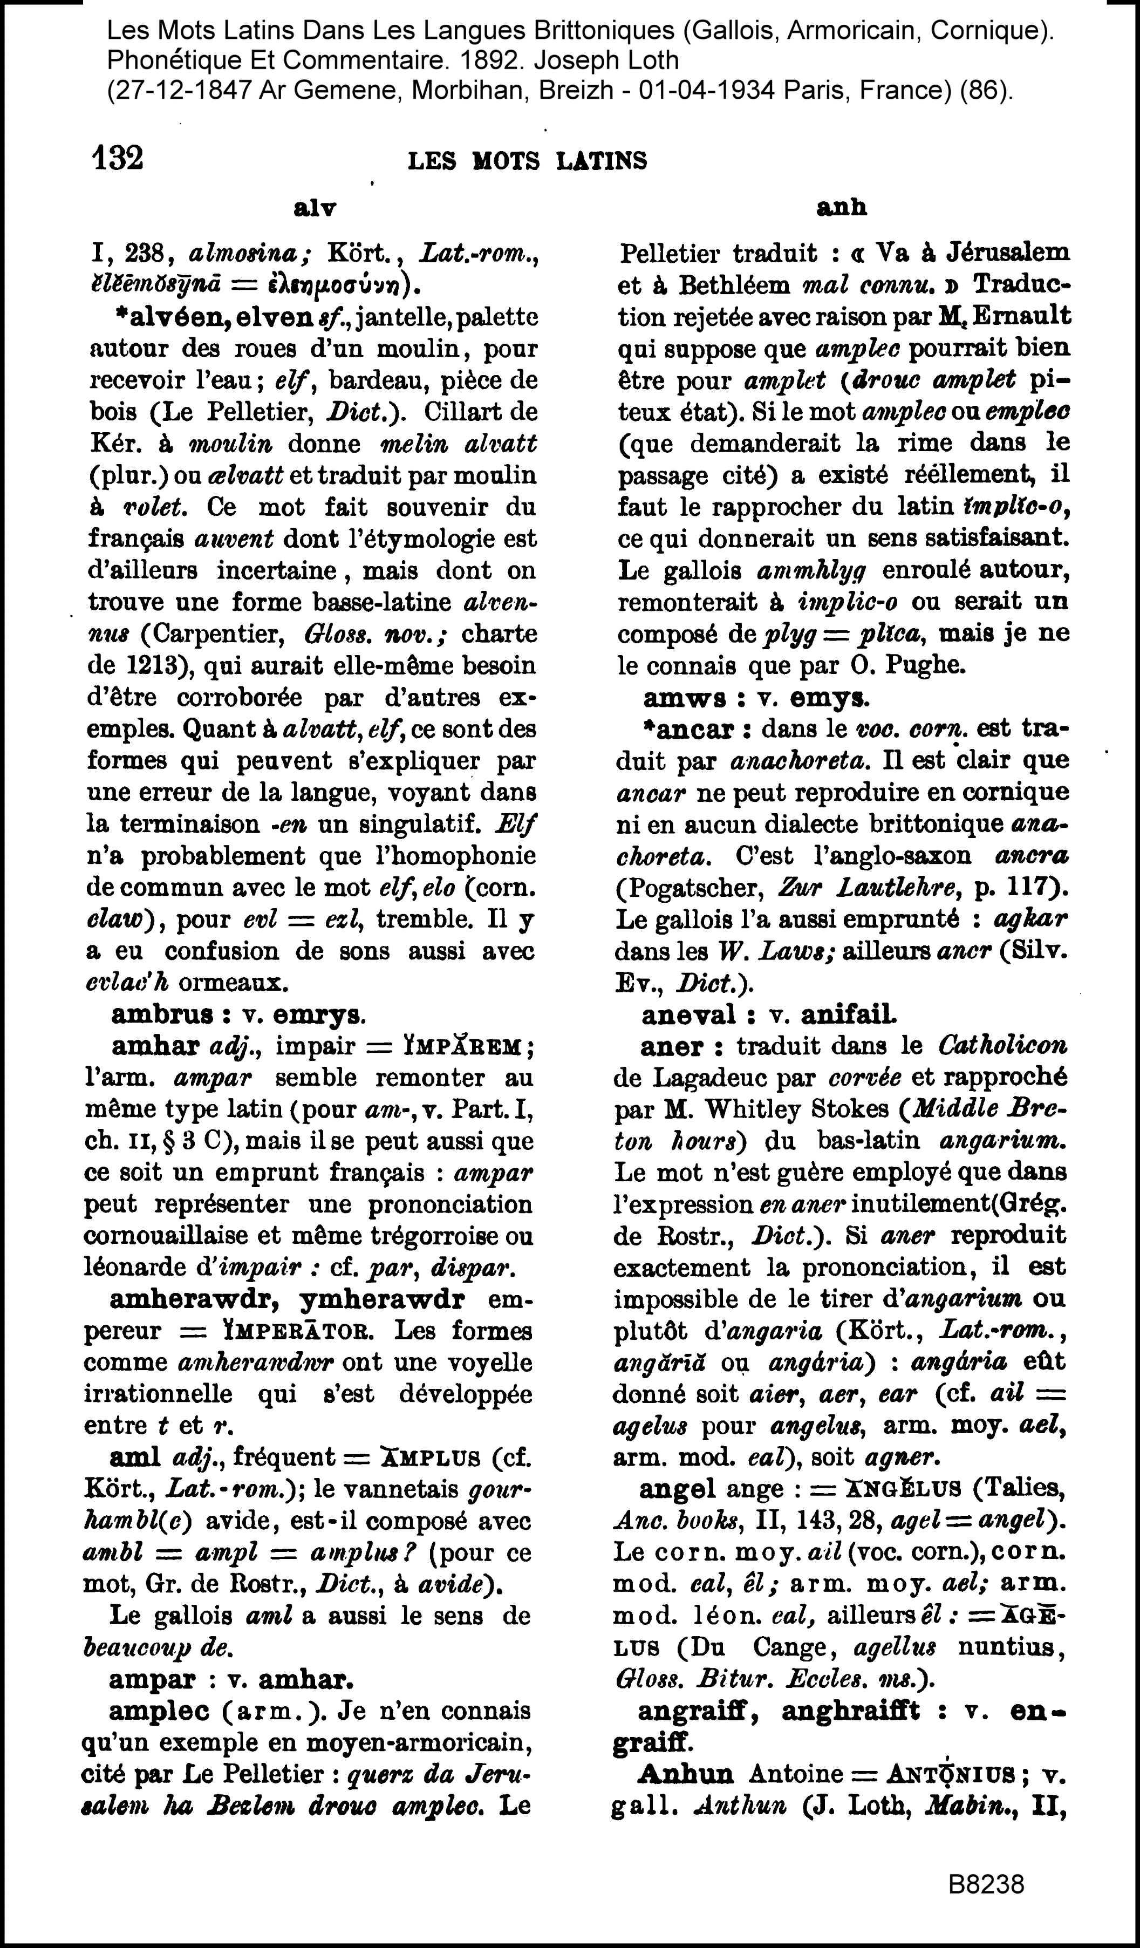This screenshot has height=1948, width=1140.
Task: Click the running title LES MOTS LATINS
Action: click(527, 161)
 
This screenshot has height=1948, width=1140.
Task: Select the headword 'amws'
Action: click(684, 698)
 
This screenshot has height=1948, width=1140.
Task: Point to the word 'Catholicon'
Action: click(1002, 1046)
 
